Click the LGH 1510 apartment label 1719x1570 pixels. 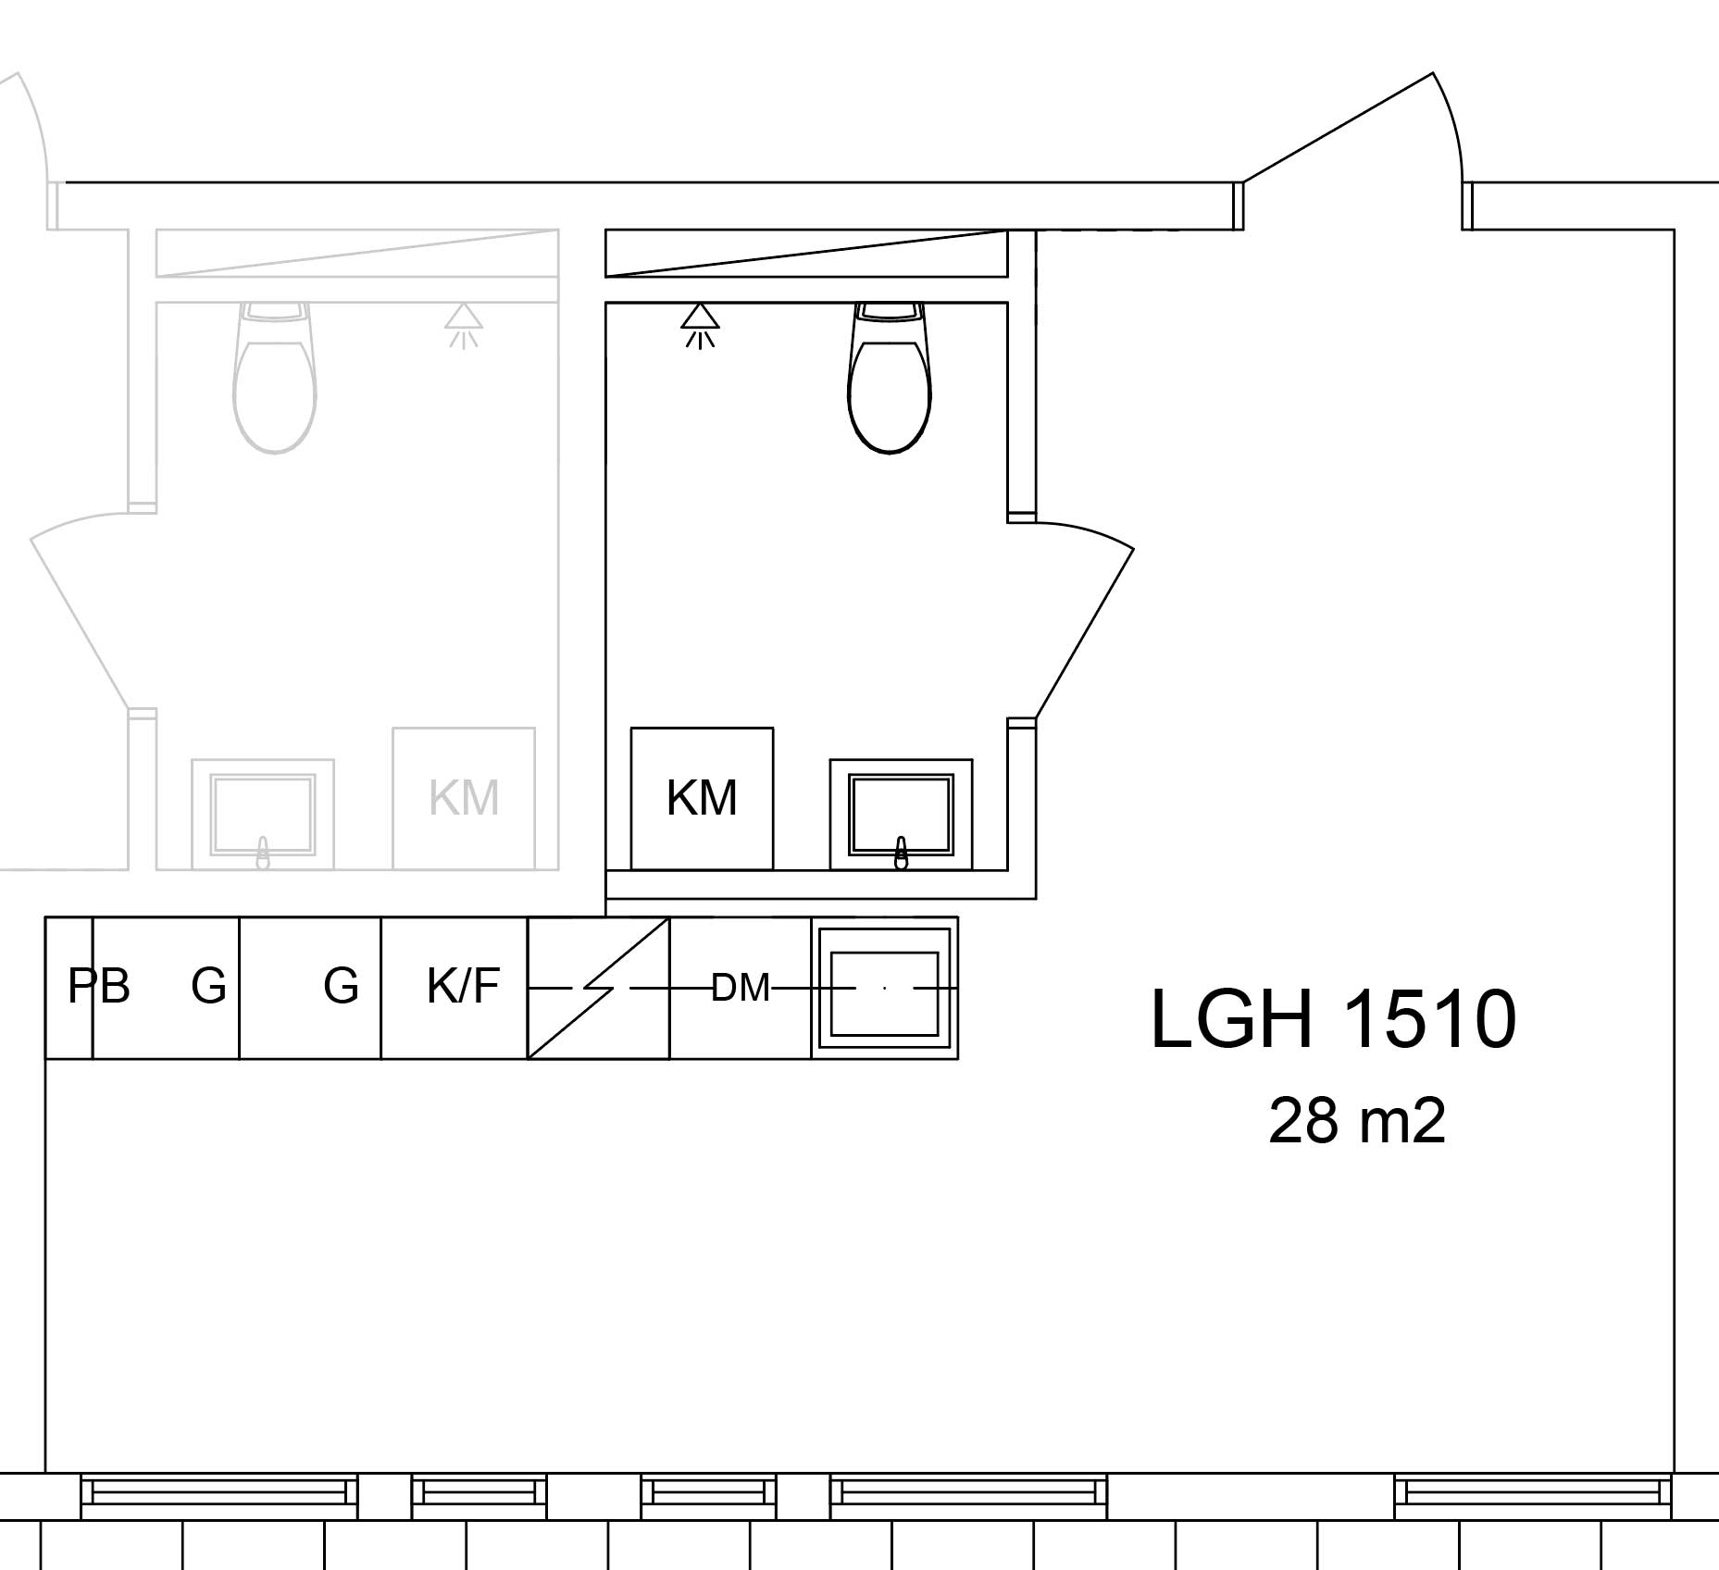1333,1018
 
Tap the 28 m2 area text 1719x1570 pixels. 1356,1121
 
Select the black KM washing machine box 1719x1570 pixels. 702,798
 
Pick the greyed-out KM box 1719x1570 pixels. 464,798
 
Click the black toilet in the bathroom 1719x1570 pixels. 890,377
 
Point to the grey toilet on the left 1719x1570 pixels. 274,377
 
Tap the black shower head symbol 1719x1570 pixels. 701,326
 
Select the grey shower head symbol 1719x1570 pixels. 464,326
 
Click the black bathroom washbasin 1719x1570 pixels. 901,815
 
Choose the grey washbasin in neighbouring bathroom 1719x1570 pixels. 263,815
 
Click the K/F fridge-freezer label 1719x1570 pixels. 463,986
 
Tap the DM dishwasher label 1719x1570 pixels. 741,988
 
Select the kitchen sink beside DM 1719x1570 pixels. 885,988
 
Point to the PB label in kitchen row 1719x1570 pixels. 99,986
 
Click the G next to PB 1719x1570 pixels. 208,986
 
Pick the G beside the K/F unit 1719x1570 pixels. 341,986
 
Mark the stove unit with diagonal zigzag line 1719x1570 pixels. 599,988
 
